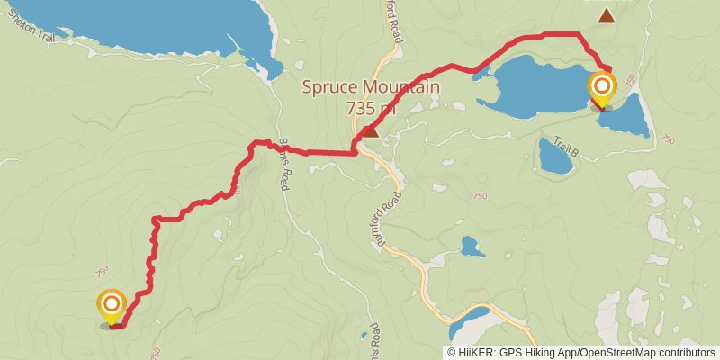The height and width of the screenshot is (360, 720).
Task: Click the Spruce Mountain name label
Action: coord(371,88)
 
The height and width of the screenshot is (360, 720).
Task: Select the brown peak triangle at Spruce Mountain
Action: coord(369,132)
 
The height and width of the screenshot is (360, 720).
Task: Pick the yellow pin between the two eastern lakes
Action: coord(601,88)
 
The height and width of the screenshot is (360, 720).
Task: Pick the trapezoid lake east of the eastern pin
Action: coord(627,115)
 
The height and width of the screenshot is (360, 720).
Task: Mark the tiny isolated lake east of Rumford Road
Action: coord(469,246)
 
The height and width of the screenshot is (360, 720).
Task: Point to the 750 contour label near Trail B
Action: coord(666,139)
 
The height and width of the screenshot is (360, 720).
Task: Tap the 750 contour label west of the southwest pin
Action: coord(101,270)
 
